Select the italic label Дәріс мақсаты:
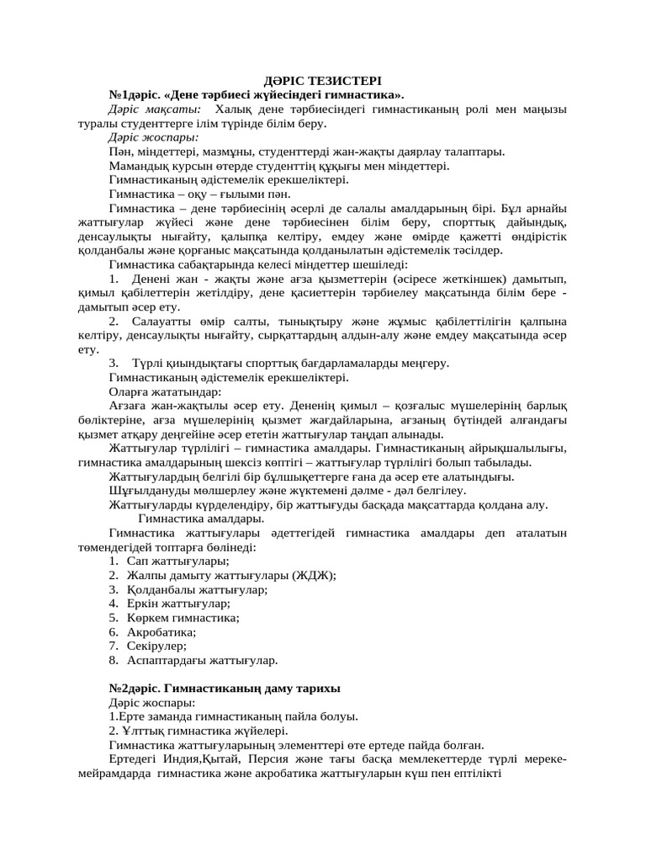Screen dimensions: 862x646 (x=155, y=109)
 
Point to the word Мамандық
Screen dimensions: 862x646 (x=140, y=166)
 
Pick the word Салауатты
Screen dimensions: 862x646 (x=165, y=322)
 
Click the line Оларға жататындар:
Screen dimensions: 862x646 (x=165, y=391)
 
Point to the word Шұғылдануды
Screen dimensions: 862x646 (x=147, y=490)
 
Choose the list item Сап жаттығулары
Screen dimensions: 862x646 (x=177, y=561)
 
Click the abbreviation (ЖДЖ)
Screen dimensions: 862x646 (x=314, y=575)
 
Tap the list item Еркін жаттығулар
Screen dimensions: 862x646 (x=178, y=604)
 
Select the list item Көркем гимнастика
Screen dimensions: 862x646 (x=183, y=618)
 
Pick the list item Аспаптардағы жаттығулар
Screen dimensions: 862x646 (x=202, y=660)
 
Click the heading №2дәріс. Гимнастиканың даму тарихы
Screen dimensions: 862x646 (x=225, y=689)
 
